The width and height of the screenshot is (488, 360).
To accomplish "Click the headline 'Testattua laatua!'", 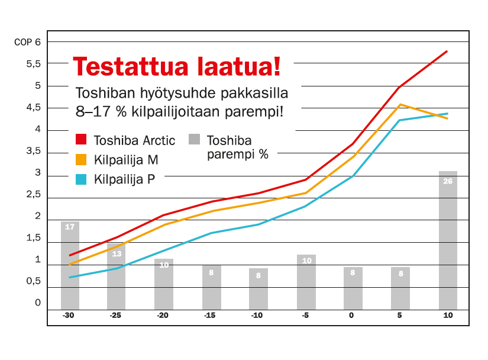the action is click(177, 66).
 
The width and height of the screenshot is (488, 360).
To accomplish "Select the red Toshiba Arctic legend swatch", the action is click(81, 139).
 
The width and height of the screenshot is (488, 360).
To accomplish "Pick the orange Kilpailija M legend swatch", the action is click(81, 159).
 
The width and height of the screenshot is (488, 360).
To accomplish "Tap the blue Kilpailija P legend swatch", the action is click(81, 179).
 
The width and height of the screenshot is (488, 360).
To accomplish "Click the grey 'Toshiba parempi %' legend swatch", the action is click(194, 139).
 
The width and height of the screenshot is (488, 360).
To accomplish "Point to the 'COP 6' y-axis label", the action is click(27, 42).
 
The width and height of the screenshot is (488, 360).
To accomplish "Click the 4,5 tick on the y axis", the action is click(34, 107).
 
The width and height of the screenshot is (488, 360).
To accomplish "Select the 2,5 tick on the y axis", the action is click(34, 194).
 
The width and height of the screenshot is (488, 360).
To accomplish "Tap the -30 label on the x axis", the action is click(69, 315).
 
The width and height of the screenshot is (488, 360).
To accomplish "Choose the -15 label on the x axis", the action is click(210, 315).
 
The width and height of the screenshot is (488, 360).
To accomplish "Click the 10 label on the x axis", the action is click(448, 315).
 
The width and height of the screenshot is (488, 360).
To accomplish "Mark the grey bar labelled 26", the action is click(448, 240).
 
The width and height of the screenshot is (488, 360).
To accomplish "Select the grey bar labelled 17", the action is click(70, 266).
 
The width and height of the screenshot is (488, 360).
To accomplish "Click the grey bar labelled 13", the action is click(117, 277).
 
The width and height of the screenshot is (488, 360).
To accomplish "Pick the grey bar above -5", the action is click(306, 282).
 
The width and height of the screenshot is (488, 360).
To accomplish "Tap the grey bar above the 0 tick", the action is click(353, 288).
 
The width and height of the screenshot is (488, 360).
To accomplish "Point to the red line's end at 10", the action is click(447, 51).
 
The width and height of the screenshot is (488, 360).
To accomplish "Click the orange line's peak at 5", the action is click(400, 104).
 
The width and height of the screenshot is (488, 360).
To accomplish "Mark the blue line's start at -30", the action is click(69, 277).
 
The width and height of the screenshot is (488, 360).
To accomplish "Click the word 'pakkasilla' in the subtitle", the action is click(254, 93).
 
